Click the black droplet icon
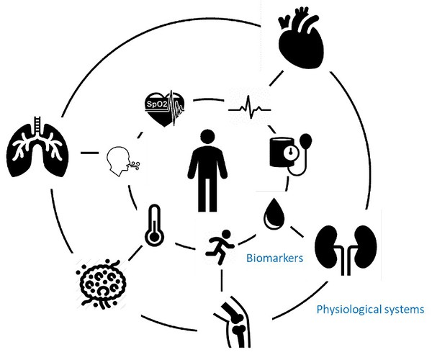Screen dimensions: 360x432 (275, 212)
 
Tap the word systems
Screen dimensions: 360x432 (405, 311)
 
